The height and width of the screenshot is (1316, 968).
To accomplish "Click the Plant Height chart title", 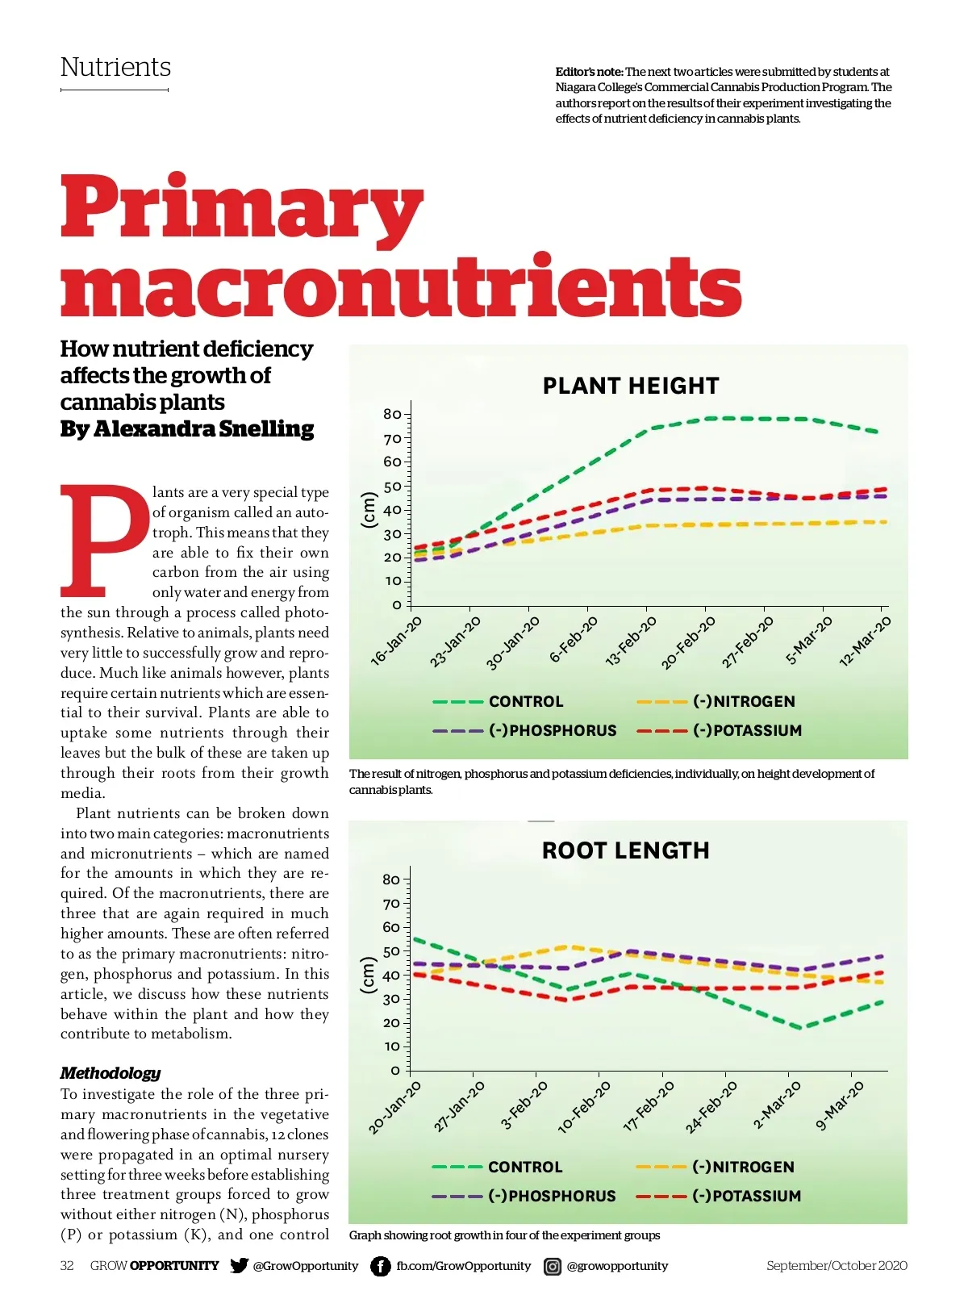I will pos(630,386).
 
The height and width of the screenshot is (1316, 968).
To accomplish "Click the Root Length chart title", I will pos(625,850).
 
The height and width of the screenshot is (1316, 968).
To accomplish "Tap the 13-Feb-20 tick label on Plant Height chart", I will pos(632,641).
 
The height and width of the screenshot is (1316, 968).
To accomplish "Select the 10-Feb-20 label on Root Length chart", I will pos(584,1108).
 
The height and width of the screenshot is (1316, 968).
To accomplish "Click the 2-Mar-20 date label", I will pos(777,1105).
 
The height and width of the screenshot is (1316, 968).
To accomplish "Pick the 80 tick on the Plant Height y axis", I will pos(392,414).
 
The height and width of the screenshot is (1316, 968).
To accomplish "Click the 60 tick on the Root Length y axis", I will pos(391,927).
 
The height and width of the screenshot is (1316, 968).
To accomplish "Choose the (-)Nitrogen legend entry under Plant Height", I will pos(743,701).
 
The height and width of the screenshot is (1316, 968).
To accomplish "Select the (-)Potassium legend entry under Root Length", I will pos(746,1196).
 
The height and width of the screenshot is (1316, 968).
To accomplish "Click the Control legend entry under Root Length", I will pos(524,1167).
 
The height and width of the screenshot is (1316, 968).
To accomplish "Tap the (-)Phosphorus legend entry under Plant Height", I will pos(552,730).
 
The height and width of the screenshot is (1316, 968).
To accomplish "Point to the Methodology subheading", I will pos(111,1073).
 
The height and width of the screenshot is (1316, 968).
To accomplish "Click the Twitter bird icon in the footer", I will pos(239,1265).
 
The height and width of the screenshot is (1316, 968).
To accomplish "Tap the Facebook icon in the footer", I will pos(380,1266).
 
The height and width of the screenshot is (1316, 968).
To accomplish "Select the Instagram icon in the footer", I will pos(553,1266).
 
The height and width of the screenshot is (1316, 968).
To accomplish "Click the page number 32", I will pos(67,1265).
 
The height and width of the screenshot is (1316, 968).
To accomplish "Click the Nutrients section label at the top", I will pos(115,67).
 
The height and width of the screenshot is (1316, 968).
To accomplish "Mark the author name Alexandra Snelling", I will pos(203,428).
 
